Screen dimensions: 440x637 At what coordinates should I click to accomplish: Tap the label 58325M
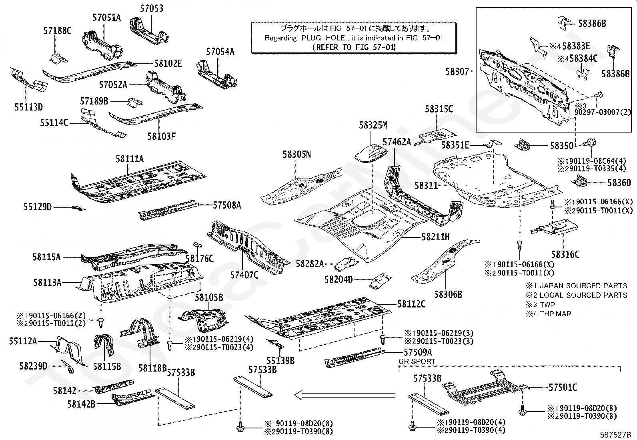[373, 125]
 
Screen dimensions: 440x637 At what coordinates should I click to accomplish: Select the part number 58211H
[435, 237]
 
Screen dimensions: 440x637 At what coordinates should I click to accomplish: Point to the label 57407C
[244, 275]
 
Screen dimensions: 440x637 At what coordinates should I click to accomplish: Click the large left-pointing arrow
[344, 396]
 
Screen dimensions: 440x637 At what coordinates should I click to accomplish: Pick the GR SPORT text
[417, 361]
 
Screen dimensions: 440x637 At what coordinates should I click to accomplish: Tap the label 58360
[619, 183]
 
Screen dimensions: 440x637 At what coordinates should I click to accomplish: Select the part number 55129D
[38, 207]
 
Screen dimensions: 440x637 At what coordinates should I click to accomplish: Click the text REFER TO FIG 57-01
[354, 47]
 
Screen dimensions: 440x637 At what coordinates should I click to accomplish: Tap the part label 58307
[457, 71]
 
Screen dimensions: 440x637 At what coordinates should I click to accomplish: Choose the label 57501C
[563, 387]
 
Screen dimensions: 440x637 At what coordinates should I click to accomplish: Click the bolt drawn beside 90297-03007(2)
[598, 94]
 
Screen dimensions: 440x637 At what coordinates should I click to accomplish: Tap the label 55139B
[280, 360]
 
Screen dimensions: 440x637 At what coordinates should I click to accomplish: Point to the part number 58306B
[448, 295]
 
